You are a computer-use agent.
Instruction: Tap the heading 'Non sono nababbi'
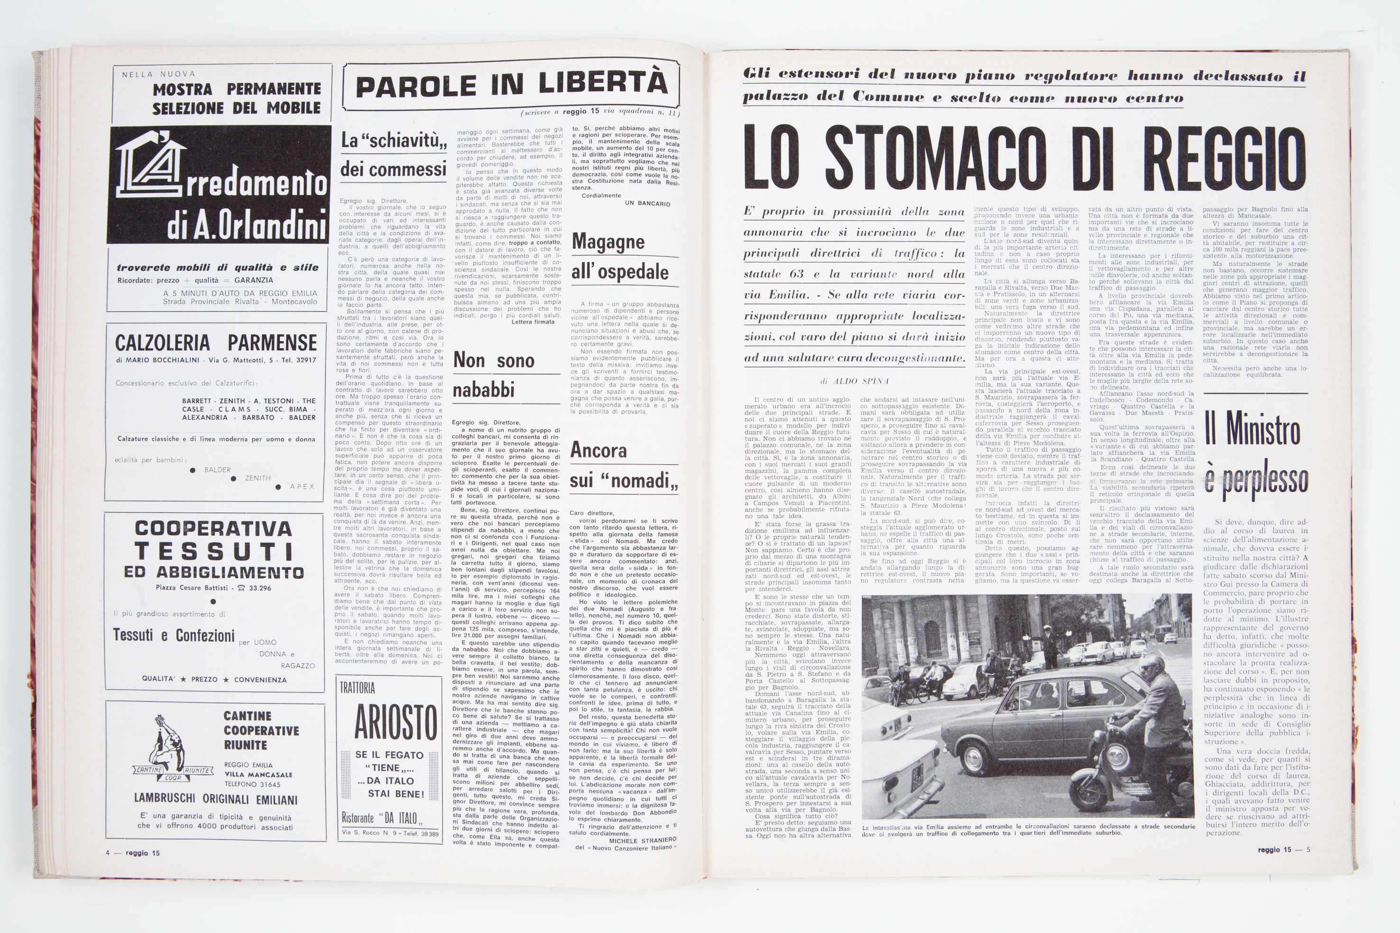click(x=494, y=375)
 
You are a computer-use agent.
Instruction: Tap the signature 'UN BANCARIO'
click(x=648, y=203)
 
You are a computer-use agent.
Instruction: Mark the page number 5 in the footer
click(x=1308, y=849)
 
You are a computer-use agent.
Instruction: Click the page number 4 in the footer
click(x=108, y=852)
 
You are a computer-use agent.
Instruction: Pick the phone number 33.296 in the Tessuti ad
click(x=260, y=589)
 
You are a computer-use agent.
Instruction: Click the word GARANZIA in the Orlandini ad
click(x=254, y=280)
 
